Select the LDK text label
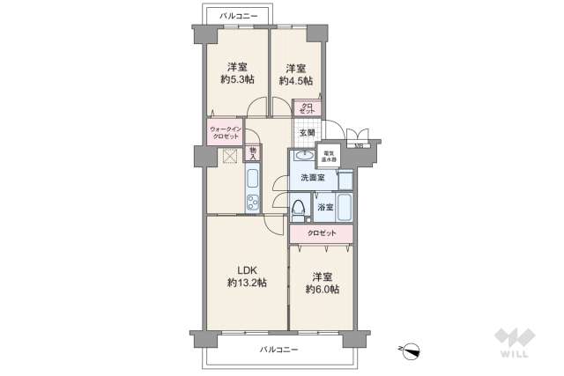(246, 270)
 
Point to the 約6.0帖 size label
(323, 289)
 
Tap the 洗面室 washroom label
(312, 178)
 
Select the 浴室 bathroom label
(324, 208)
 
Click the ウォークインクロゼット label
(225, 133)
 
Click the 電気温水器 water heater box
(329, 156)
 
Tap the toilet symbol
(298, 210)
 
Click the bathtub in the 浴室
(345, 209)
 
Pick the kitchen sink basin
(252, 181)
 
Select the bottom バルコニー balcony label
(278, 350)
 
